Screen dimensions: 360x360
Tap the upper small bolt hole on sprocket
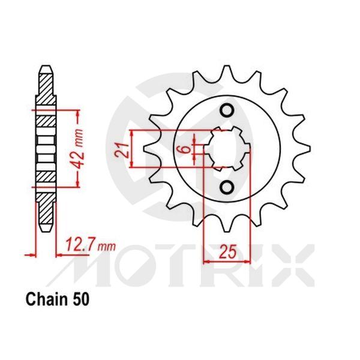click(x=227, y=110)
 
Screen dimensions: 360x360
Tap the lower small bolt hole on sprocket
click(x=227, y=188)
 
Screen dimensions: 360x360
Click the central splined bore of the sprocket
click(x=227, y=149)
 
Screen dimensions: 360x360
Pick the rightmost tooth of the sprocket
click(x=305, y=149)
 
